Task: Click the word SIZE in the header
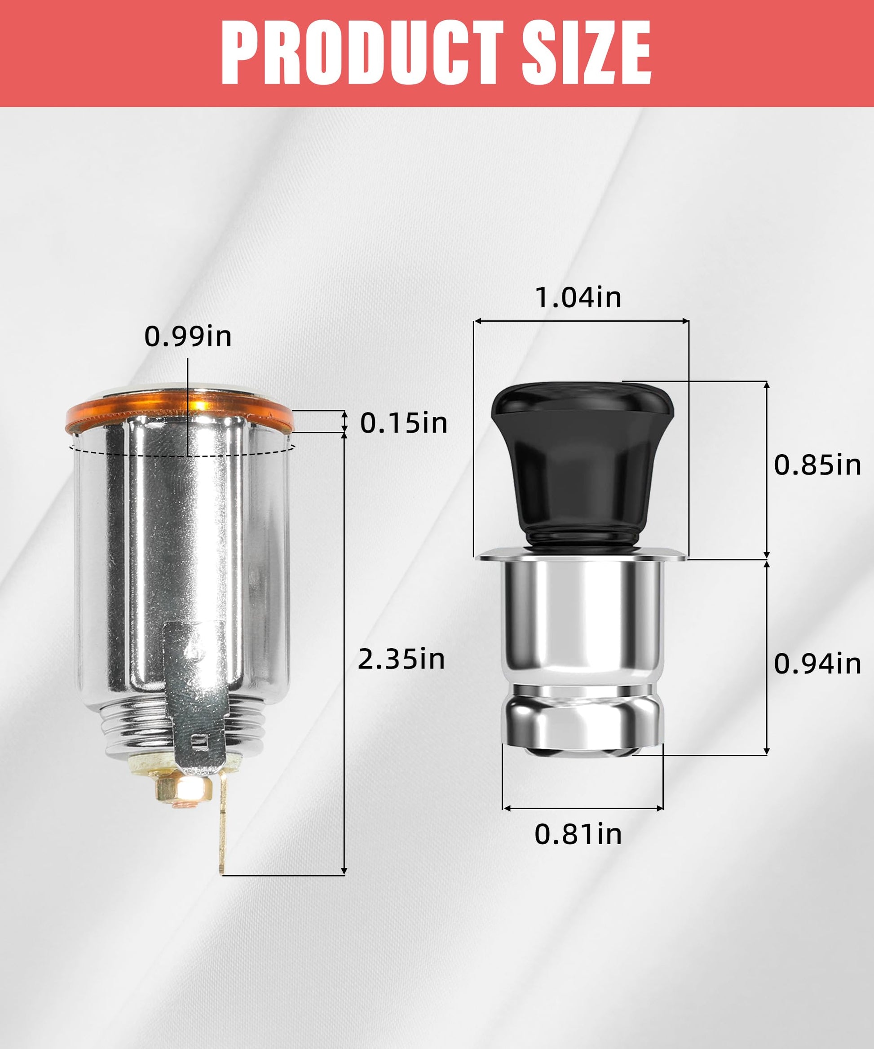587,53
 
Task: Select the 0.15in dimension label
403,423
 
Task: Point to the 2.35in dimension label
402,659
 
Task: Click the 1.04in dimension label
578,297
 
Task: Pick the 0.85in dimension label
817,465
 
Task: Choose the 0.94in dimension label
817,664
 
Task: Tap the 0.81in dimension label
578,834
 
